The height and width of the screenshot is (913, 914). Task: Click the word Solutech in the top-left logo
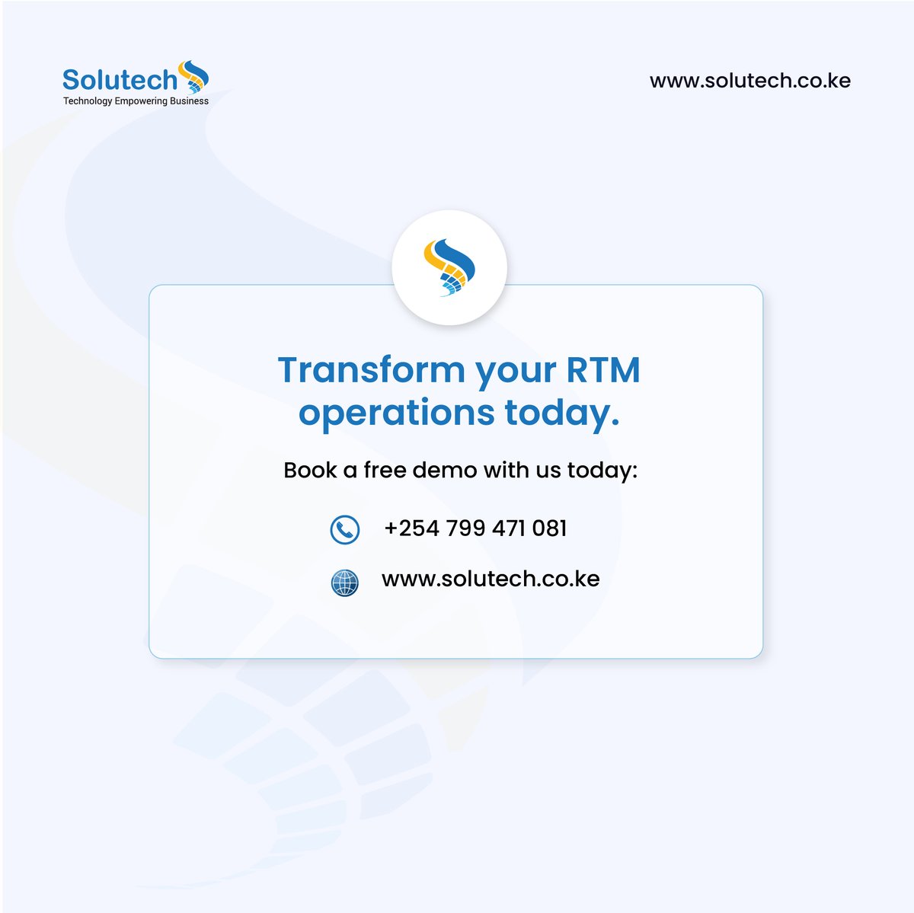click(120, 79)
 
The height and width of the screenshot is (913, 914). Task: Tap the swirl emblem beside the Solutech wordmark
click(193, 78)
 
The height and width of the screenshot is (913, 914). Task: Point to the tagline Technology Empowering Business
click(136, 101)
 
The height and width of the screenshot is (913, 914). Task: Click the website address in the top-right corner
click(749, 81)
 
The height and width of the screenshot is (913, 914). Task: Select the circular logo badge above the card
click(449, 267)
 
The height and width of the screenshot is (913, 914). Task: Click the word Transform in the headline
click(371, 370)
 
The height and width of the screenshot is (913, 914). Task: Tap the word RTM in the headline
click(602, 370)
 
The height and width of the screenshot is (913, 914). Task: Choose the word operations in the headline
click(396, 413)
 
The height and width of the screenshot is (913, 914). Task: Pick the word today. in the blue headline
click(562, 413)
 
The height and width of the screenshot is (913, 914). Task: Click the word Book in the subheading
click(310, 470)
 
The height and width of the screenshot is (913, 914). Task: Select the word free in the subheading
click(385, 470)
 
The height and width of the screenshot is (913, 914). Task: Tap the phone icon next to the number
click(344, 529)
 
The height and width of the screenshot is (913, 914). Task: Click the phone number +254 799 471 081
click(475, 528)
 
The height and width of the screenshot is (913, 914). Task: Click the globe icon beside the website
click(344, 583)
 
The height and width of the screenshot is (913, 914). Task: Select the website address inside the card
click(491, 579)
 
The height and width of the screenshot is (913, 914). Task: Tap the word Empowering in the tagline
click(141, 101)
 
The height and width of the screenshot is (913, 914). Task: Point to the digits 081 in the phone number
click(549, 528)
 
